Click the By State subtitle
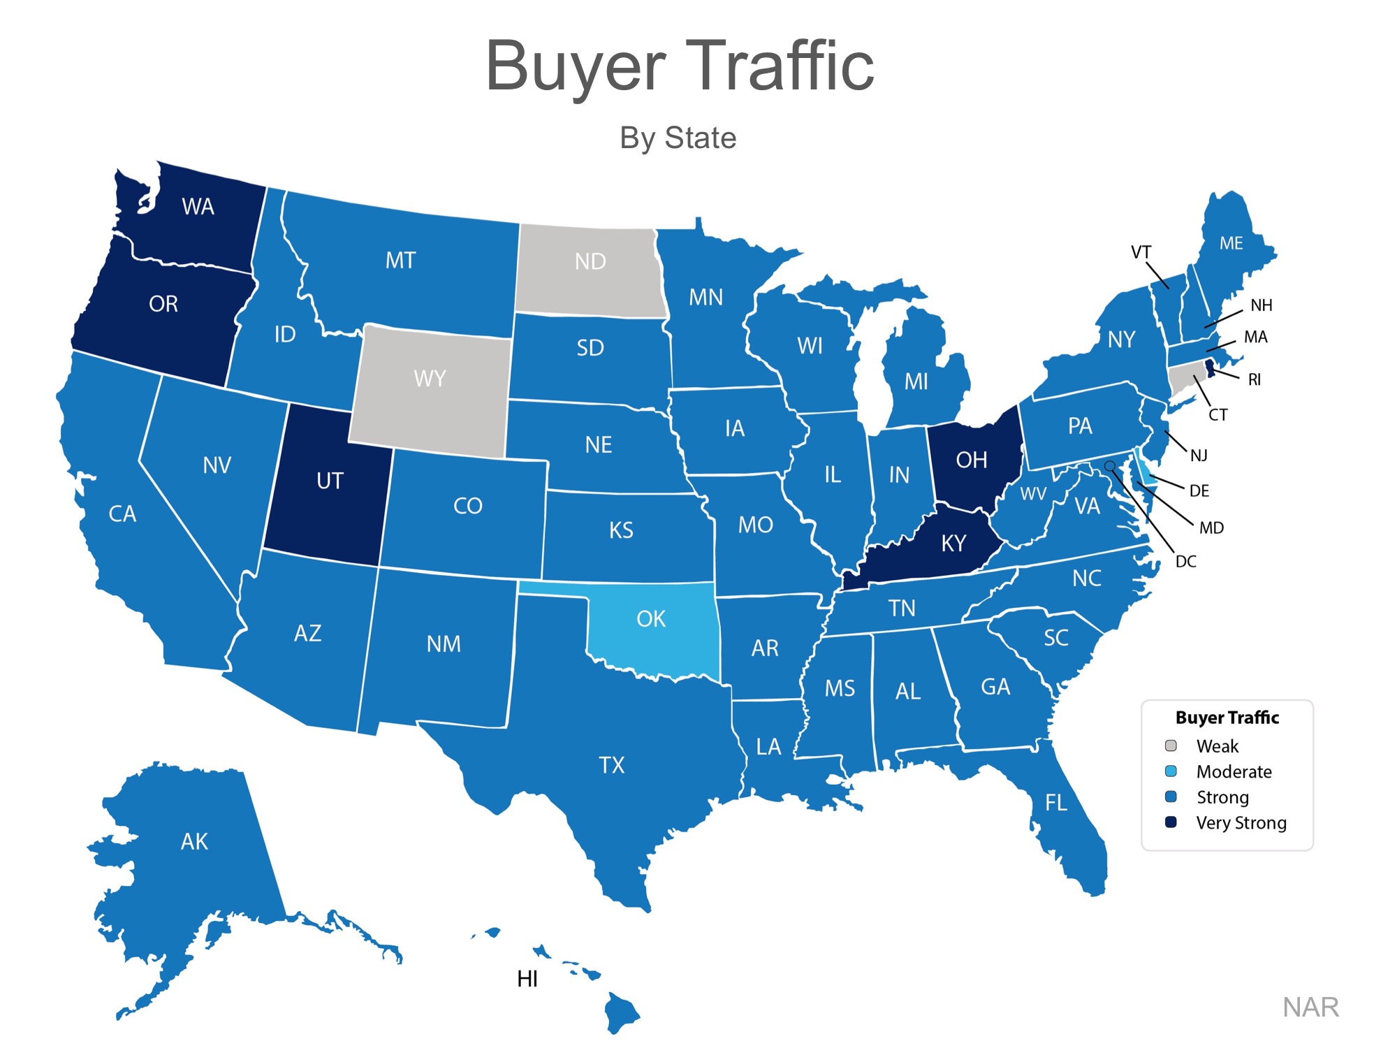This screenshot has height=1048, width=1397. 678,138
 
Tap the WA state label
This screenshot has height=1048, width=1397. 198,207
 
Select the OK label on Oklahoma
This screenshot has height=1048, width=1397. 651,619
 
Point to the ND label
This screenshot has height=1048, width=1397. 590,262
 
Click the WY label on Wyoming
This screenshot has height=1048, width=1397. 430,379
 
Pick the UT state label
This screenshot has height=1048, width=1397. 330,481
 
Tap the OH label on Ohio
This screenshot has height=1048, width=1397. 972,460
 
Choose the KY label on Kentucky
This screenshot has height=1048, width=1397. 953,544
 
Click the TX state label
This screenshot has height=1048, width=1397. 612,765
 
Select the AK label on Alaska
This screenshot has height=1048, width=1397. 194,841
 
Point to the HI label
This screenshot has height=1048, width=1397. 527,980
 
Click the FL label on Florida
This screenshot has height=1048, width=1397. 1056,802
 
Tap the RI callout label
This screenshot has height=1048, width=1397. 1255,380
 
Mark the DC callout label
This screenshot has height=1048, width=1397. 1186,562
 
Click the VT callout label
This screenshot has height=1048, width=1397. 1141,252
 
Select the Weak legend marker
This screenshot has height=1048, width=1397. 1171,745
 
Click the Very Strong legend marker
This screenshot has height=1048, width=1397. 1171,822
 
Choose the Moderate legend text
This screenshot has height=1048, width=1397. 1234,771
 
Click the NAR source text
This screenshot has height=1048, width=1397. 1310,1007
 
